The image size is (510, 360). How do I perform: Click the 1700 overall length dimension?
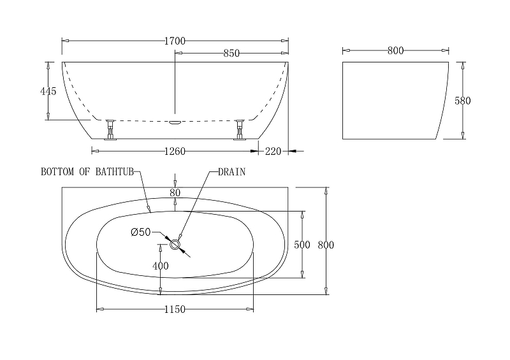tap(175, 41)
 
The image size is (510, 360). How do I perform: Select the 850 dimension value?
tap(231, 53)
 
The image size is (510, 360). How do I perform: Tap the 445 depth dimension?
tap(48, 91)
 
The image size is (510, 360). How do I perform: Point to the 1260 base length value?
tap(175, 151)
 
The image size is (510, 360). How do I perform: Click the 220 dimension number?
tap(273, 151)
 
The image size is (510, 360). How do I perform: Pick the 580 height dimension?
tap(463, 101)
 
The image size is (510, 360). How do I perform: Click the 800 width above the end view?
tap(395, 50)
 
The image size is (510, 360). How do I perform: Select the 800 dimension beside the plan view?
tap(326, 245)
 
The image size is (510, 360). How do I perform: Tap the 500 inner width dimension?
tap(302, 245)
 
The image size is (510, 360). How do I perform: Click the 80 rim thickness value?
tap(175, 192)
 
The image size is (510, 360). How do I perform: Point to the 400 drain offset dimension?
tap(161, 266)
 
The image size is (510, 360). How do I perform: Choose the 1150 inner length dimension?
tap(175, 309)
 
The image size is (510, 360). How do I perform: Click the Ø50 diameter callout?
tap(140, 232)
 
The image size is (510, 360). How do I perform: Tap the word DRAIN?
tap(231, 171)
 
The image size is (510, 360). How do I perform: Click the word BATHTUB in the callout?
tap(115, 171)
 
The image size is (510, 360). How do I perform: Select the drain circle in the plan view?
tap(175, 245)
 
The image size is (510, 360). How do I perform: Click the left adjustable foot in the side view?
tap(110, 129)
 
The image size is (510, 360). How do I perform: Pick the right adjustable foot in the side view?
tap(240, 129)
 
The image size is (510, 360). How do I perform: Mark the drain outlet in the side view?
tap(175, 122)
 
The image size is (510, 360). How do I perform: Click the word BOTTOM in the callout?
tap(57, 171)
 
